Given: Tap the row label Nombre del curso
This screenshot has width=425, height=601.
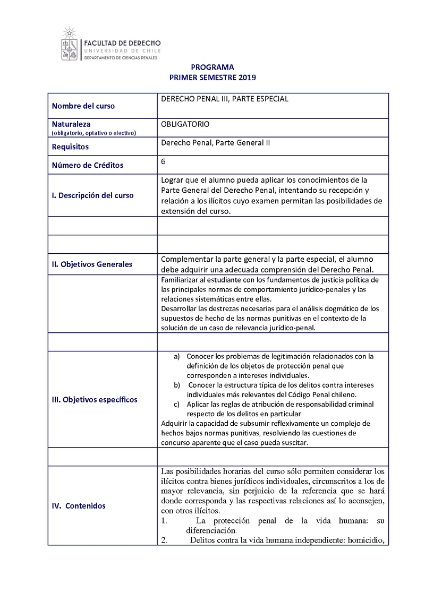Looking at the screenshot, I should pyautogui.click(x=83, y=106).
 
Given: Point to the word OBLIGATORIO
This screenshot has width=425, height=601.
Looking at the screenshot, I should pyautogui.click(x=185, y=124).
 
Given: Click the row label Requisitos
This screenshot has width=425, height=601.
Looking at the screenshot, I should pyautogui.click(x=70, y=147).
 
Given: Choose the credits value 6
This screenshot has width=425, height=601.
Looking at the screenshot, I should pyautogui.click(x=163, y=161).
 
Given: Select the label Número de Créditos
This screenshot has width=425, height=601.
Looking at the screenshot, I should pyautogui.click(x=88, y=165).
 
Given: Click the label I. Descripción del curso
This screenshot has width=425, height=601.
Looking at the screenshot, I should pyautogui.click(x=92, y=195).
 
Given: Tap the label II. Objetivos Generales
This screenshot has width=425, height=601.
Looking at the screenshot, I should pyautogui.click(x=92, y=264).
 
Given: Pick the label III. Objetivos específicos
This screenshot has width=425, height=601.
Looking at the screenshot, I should pyautogui.click(x=95, y=399).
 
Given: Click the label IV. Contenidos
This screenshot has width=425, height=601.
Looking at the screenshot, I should pyautogui.click(x=79, y=506).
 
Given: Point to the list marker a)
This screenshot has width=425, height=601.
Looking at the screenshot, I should pyautogui.click(x=177, y=356).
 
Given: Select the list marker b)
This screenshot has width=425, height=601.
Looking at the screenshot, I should pyautogui.click(x=177, y=385).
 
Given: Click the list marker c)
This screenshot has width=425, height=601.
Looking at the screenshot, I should pyautogui.click(x=177, y=404).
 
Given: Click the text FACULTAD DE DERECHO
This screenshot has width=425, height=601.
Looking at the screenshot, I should pyautogui.click(x=123, y=42).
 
